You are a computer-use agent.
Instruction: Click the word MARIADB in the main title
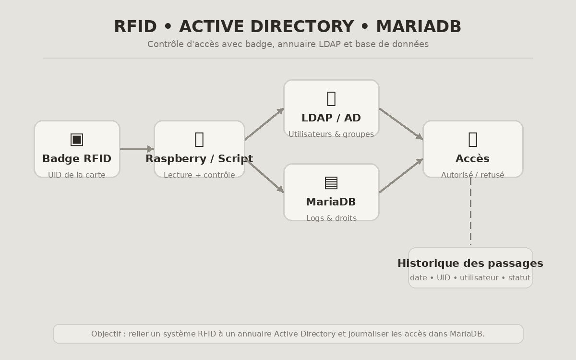tap(418, 27)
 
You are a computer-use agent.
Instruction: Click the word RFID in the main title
tap(136, 27)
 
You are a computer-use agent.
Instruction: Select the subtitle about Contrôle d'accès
tap(288, 44)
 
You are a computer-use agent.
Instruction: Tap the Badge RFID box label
tap(77, 159)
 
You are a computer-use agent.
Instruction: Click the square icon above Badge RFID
tap(77, 139)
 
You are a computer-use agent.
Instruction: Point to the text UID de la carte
tap(77, 175)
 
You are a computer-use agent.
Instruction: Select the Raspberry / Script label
tap(199, 159)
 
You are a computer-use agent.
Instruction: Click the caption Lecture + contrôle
tap(199, 175)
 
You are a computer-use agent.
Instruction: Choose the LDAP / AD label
tap(331, 118)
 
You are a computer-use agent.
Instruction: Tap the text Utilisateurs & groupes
tap(331, 134)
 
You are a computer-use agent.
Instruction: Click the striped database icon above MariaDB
tap(331, 182)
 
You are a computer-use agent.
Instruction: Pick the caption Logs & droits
tap(331, 218)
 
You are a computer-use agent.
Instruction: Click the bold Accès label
tap(473, 159)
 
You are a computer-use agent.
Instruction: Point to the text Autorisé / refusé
tap(473, 175)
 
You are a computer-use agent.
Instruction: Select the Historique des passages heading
tap(470, 264)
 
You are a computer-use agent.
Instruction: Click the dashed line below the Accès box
tap(470, 211)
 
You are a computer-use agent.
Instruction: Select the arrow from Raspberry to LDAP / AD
tap(264, 124)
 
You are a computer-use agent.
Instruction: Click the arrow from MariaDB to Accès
tap(401, 176)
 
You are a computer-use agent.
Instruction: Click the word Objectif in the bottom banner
tap(106, 334)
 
